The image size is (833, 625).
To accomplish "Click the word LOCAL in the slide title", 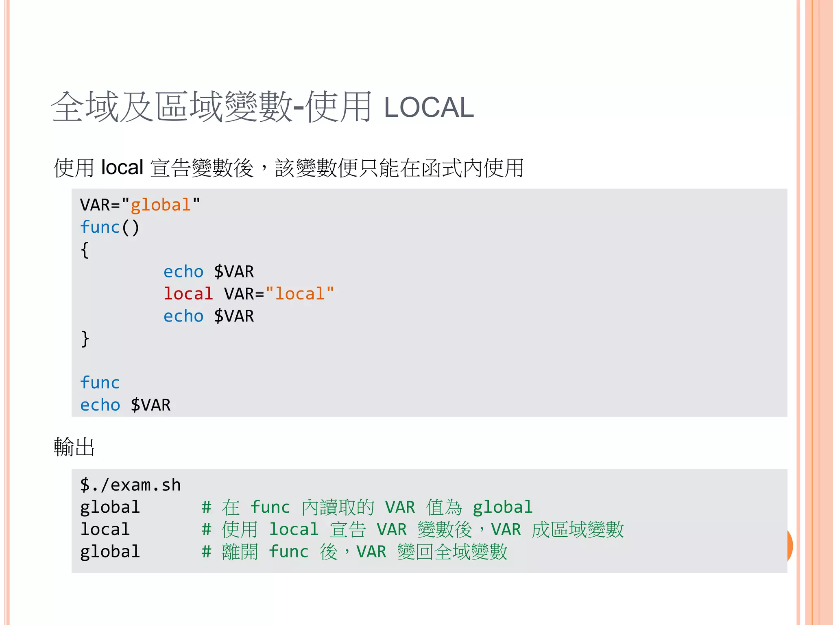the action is pos(429,108).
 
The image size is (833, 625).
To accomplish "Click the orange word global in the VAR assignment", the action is pos(160,205).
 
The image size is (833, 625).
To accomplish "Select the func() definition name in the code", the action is pos(100,227).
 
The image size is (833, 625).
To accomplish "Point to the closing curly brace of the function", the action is pos(85,339).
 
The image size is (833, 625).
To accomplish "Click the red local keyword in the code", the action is pos(188,294).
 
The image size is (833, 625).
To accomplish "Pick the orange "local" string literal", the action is pos(300,294).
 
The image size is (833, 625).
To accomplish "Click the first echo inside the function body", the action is pos(183,272).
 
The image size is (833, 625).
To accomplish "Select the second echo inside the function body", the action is pos(183,316).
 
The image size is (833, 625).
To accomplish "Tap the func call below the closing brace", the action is pos(100,383).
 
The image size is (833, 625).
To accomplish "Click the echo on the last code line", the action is pos(100,405).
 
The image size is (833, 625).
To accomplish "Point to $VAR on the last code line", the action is pos(150,405).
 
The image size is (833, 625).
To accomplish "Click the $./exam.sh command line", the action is pos(130,485).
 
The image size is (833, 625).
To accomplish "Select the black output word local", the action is pos(105,529).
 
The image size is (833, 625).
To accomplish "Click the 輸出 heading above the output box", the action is pos(74,447).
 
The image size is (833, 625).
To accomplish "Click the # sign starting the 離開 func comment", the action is pos(207,552).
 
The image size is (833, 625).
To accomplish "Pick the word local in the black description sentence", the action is pos(122,168).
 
